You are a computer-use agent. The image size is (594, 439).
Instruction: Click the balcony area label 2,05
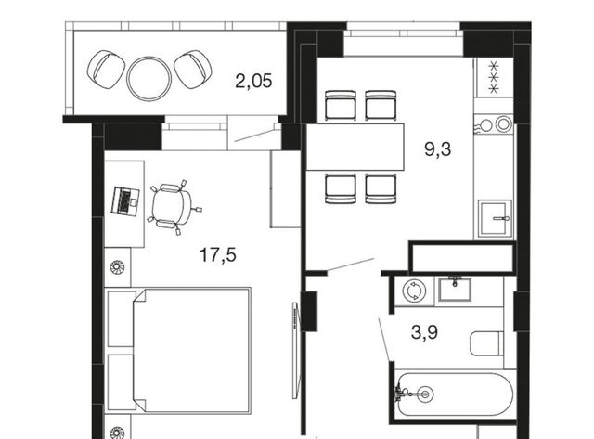click(253, 81)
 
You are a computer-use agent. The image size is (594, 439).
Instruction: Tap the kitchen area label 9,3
click(437, 149)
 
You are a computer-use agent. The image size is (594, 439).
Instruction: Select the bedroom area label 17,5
click(218, 254)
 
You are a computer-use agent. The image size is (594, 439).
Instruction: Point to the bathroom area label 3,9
click(424, 332)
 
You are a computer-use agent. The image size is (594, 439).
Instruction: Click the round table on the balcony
click(148, 79)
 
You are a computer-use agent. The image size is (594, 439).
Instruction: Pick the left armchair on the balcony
click(106, 70)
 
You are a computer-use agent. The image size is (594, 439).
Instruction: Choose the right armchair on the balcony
click(193, 70)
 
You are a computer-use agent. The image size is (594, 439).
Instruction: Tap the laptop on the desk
click(125, 201)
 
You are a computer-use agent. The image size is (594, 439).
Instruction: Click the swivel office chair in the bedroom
click(174, 206)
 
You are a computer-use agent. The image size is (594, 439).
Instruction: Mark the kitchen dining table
click(355, 147)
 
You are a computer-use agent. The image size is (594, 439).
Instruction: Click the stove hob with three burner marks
click(495, 78)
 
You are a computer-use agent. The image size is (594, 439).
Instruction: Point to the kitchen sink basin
click(495, 218)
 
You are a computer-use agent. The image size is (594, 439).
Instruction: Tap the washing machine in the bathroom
click(414, 291)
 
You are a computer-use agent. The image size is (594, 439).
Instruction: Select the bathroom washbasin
click(455, 290)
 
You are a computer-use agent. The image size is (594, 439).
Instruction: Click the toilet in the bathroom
click(487, 343)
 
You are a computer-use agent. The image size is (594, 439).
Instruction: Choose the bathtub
click(454, 394)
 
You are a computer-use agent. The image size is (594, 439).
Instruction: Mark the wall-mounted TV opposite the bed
click(295, 350)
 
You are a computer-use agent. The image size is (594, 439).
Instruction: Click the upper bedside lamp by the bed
click(117, 267)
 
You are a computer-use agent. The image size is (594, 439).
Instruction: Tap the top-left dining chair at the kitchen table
click(341, 105)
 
